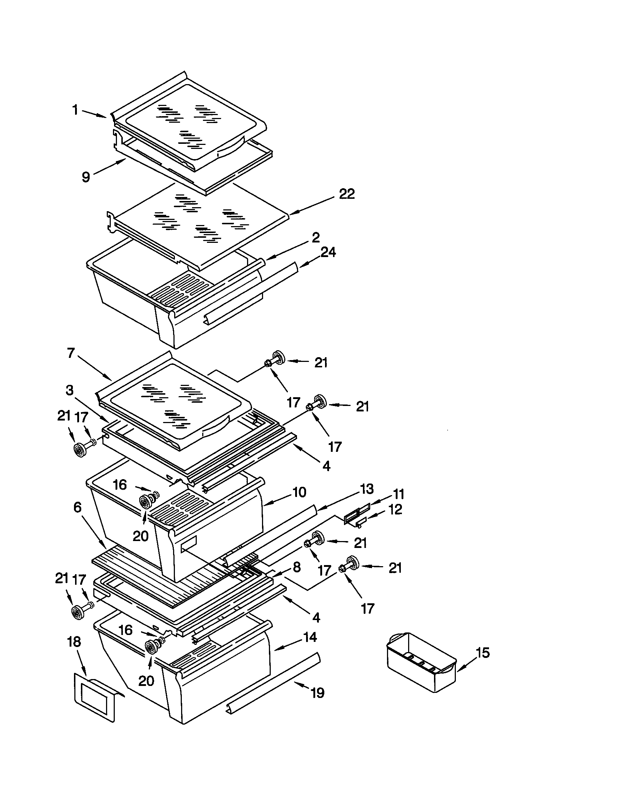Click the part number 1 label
(x=75, y=109)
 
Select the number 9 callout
(x=86, y=177)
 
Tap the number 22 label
(x=347, y=194)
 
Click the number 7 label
(x=71, y=353)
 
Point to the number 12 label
(x=395, y=509)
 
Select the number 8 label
(x=297, y=567)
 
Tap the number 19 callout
(x=317, y=693)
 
